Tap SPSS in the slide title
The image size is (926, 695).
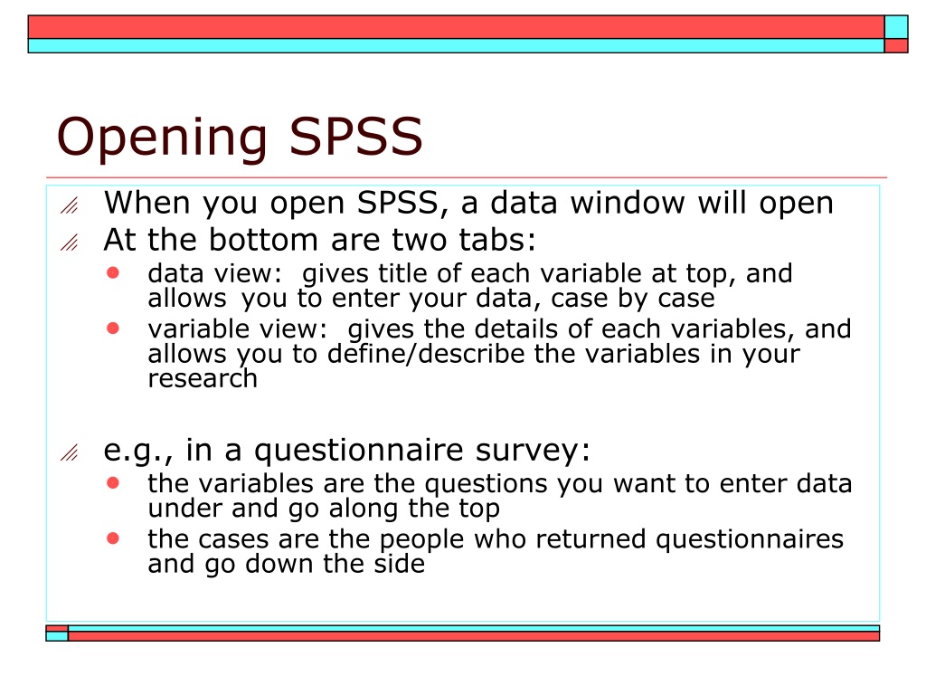click(356, 136)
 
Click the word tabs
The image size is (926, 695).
click(497, 240)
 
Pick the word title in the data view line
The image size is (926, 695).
click(402, 273)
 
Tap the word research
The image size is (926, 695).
click(203, 378)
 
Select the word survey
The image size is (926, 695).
click(533, 451)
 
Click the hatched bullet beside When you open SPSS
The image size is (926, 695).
click(69, 205)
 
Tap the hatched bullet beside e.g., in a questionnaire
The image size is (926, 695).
click(69, 452)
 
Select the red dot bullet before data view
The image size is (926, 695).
click(113, 272)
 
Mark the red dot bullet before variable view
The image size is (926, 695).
click(113, 328)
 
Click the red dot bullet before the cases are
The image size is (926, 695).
click(113, 538)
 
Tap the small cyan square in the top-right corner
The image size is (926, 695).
click(896, 27)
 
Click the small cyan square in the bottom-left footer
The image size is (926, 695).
click(57, 636)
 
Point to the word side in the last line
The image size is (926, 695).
click(399, 563)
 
